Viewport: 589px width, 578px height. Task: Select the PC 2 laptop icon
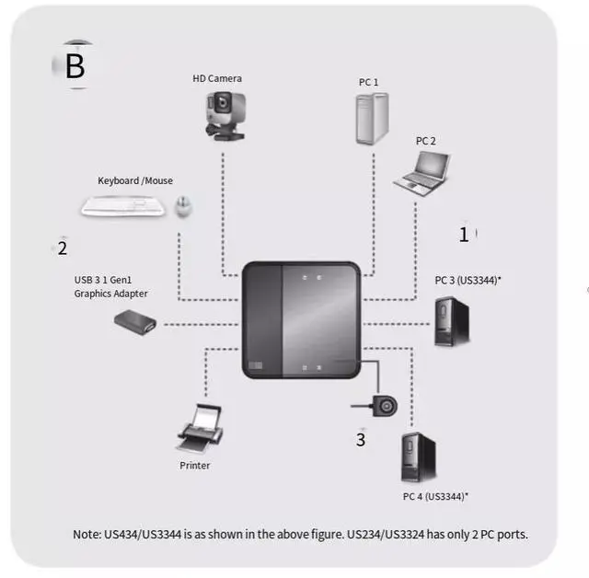(x=423, y=173)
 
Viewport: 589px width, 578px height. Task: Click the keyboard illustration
(x=124, y=205)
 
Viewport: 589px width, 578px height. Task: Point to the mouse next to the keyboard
(x=183, y=206)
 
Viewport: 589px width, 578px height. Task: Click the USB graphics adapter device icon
(x=134, y=321)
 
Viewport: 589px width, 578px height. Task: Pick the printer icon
(x=198, y=429)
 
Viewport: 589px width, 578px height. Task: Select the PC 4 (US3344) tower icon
(x=413, y=458)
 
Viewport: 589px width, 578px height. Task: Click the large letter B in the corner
(x=75, y=65)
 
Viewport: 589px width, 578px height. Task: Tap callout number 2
(x=63, y=248)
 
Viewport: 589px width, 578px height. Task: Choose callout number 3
(x=361, y=440)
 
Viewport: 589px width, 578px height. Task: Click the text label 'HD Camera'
(x=217, y=79)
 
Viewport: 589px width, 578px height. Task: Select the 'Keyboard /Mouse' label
(x=135, y=180)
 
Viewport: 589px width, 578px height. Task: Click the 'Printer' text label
(x=195, y=466)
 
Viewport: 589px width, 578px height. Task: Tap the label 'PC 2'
(x=426, y=141)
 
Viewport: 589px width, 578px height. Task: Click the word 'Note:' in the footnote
(x=87, y=535)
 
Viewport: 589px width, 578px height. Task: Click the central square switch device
(x=301, y=319)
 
